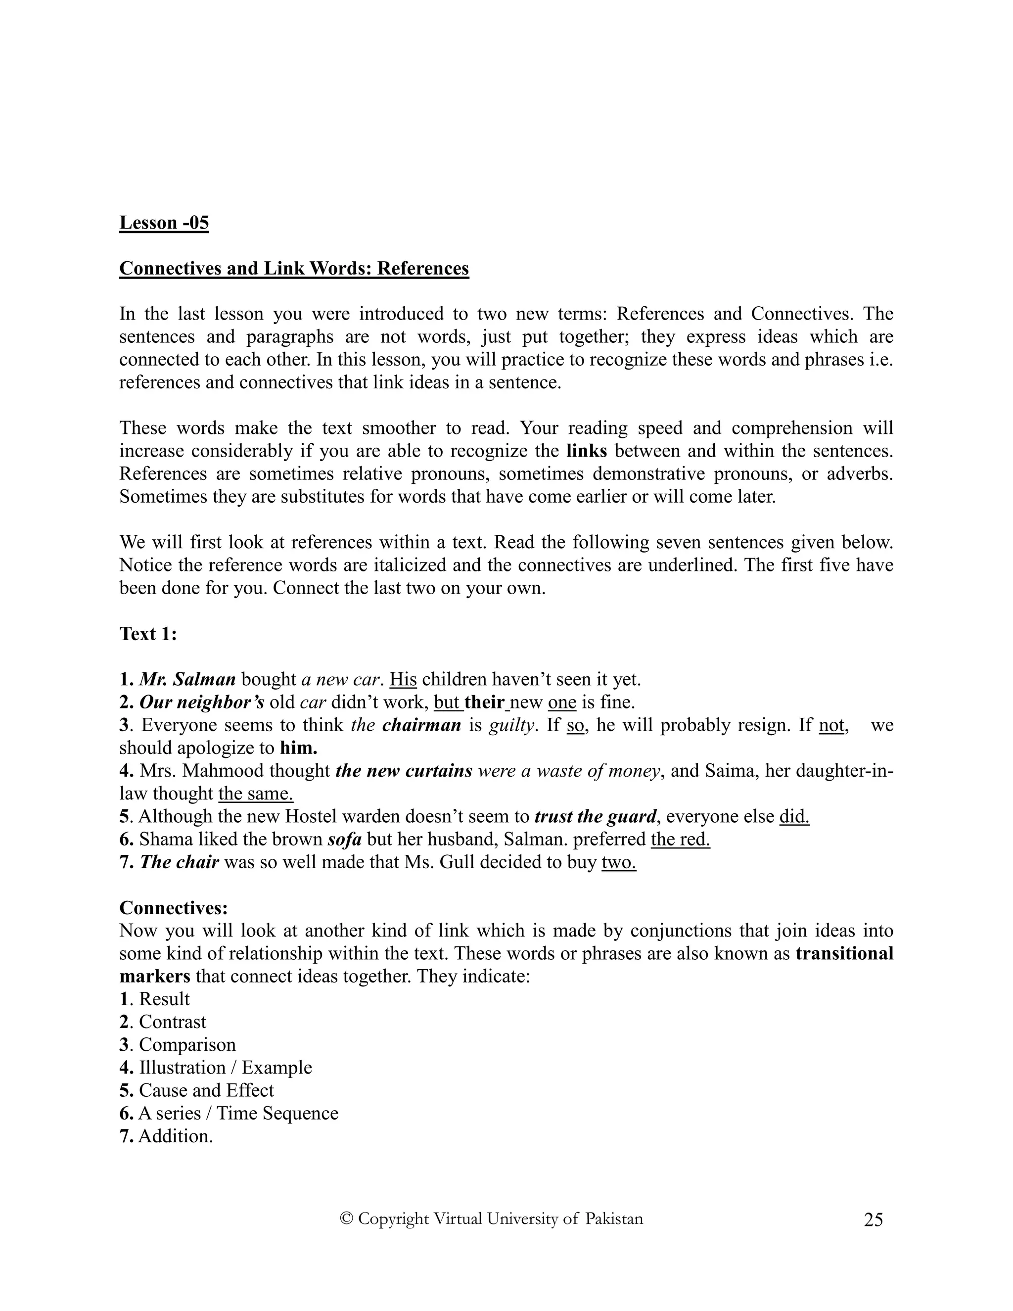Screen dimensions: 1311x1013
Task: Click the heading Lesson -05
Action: pos(164,223)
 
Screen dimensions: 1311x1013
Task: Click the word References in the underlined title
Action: pos(422,268)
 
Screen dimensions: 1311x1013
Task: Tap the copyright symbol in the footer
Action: pos(346,1218)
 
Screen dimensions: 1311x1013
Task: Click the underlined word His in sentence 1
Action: pos(403,680)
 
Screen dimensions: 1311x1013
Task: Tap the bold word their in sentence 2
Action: pos(484,702)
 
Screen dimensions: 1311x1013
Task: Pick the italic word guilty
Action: pos(510,725)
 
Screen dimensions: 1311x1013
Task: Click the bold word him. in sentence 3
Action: pos(298,748)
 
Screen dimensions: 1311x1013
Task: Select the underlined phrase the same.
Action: pos(256,794)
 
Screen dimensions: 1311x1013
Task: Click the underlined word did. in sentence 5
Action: pos(794,816)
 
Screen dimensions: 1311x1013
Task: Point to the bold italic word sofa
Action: pos(344,839)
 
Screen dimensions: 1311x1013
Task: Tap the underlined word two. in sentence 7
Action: pos(618,862)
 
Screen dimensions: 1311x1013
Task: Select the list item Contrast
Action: pos(172,1022)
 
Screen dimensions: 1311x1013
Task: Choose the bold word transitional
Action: pos(844,953)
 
